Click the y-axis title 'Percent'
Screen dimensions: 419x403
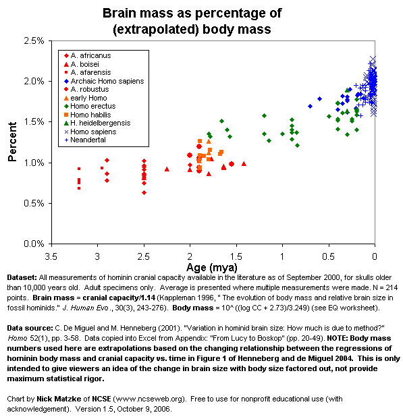pos(12,142)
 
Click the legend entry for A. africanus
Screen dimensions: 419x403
pos(88,55)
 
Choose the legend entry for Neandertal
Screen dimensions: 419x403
pos(87,140)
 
